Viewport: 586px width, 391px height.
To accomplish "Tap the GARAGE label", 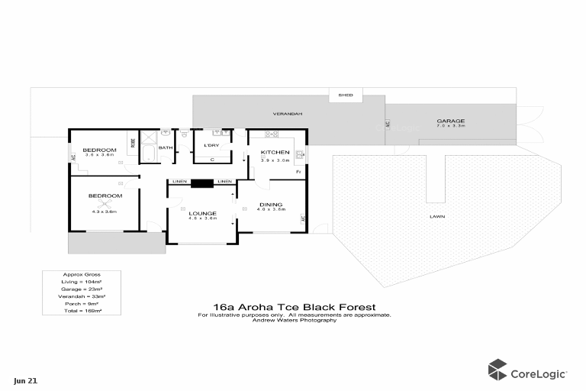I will click(x=450, y=121).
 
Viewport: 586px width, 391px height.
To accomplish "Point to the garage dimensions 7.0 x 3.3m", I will click(x=450, y=127).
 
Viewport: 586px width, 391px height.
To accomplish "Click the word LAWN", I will click(x=437, y=216).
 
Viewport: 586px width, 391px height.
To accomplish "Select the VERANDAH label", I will click(x=288, y=114).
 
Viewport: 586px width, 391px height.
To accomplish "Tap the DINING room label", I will click(x=271, y=204).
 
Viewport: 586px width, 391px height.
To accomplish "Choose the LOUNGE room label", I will click(x=202, y=213).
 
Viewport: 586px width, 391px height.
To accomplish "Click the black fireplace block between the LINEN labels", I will click(x=202, y=182).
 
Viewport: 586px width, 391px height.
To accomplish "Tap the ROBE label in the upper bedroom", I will click(x=134, y=142).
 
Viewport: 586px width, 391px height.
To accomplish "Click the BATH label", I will click(x=165, y=147).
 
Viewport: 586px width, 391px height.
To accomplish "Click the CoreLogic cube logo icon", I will click(x=497, y=369).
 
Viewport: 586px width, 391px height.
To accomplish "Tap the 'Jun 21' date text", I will click(x=24, y=380).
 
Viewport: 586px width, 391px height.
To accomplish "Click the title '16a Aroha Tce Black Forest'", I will click(x=294, y=307).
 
